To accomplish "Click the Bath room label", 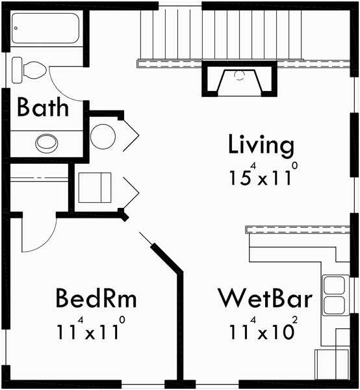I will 42,107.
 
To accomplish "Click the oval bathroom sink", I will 46,142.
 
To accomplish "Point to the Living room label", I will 261,146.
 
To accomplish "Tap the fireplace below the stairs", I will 238,79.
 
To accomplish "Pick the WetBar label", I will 264,298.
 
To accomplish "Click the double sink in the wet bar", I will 335,295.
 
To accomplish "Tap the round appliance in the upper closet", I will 103,136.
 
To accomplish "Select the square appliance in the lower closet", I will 95,188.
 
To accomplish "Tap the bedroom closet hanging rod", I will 39,178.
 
